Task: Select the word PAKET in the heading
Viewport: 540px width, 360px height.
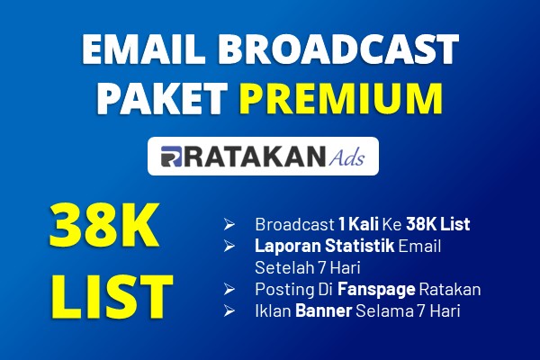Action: click(x=162, y=98)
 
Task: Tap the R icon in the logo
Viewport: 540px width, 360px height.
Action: click(x=171, y=157)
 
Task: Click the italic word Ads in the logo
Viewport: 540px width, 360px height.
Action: click(x=346, y=157)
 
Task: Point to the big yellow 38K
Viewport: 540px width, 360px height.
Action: click(x=104, y=225)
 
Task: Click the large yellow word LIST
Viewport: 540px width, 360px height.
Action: click(x=112, y=297)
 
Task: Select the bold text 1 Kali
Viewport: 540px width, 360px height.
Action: click(x=358, y=224)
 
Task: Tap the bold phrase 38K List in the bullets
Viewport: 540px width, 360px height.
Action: click(x=438, y=224)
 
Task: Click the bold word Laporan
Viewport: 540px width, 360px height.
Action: click(x=288, y=247)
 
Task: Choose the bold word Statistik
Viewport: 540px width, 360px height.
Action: click(x=359, y=246)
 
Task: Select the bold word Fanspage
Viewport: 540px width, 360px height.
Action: click(x=376, y=290)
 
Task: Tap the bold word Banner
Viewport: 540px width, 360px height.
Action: click(x=323, y=310)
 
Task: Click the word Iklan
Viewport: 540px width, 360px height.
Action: click(x=273, y=310)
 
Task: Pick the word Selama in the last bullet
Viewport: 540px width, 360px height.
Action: click(x=384, y=310)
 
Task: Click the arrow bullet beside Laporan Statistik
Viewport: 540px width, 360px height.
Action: click(x=229, y=246)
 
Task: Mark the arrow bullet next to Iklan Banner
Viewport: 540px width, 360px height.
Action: click(x=229, y=310)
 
